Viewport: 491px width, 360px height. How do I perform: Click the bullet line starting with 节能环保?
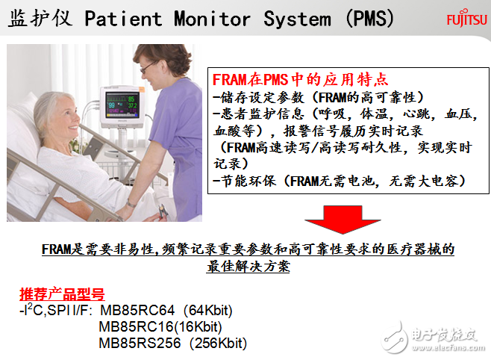pyautogui.click(x=340, y=181)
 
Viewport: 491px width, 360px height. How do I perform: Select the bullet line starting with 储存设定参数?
pyautogui.click(x=318, y=97)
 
